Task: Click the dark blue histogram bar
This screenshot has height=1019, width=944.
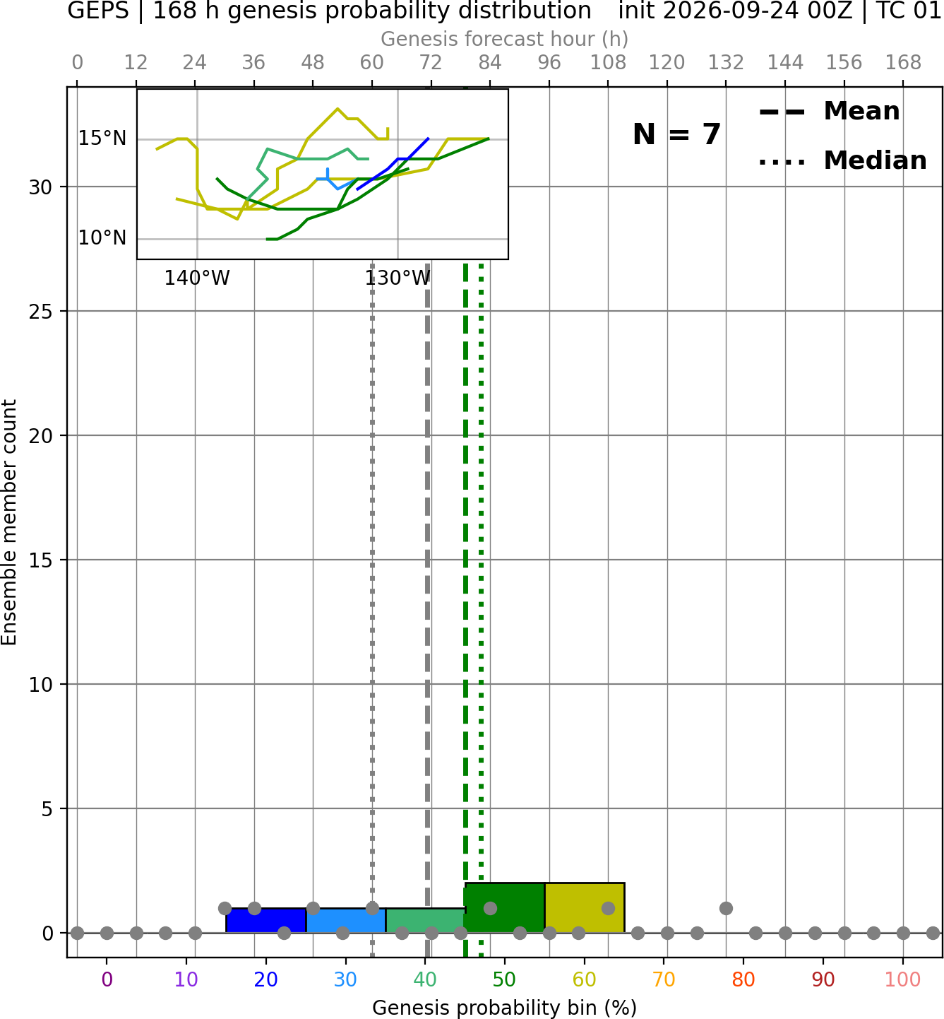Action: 266,920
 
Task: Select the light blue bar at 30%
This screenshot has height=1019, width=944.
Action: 345,920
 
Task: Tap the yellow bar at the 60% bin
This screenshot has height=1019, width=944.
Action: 584,907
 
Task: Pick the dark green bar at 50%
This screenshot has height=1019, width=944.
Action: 505,907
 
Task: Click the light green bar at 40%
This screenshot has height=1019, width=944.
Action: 425,920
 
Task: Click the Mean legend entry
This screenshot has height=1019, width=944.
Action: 829,112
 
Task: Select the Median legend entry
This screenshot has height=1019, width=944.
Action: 842,160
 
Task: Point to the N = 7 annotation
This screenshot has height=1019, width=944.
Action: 677,134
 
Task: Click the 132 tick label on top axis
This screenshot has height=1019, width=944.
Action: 726,63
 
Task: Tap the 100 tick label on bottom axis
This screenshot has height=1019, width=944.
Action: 902,979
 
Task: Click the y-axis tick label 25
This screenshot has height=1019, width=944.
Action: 40,312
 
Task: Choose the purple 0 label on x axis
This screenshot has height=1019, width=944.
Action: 107,979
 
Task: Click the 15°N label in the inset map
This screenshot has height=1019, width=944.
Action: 102,139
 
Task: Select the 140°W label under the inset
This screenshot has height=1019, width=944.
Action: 197,278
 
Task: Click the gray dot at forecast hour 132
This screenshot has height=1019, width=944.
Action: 726,908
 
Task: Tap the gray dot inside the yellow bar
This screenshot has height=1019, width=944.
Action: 608,908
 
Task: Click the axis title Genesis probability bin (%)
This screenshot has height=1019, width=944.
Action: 505,1008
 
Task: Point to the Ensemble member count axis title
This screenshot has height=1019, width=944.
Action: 8,522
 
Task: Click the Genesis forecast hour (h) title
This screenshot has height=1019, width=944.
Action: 505,39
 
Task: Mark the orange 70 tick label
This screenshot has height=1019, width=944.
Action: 664,979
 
